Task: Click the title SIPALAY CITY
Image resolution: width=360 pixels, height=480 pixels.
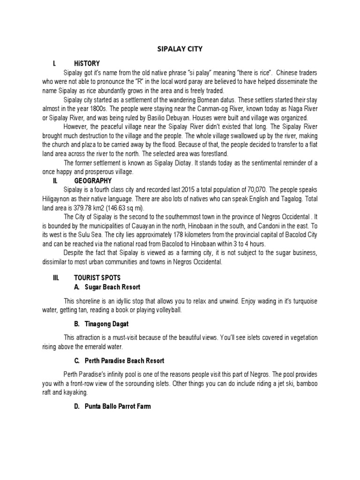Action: [x=180, y=48]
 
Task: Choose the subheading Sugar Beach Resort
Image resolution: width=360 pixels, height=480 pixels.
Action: [x=112, y=286]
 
